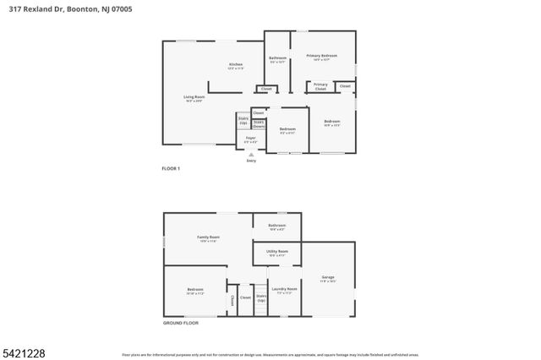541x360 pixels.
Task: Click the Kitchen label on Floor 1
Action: (x=236, y=66)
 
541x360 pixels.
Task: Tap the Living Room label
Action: (x=194, y=98)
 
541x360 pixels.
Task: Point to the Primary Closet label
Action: (x=321, y=85)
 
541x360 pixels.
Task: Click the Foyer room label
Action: (x=251, y=139)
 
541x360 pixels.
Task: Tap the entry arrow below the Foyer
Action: (x=251, y=155)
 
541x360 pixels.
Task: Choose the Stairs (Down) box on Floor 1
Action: (x=259, y=124)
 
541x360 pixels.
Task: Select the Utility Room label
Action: (x=277, y=252)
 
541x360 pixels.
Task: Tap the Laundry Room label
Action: (x=285, y=291)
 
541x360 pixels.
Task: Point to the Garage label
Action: (x=328, y=278)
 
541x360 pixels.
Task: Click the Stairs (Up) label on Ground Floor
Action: (x=261, y=297)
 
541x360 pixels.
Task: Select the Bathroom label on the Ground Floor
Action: (x=277, y=226)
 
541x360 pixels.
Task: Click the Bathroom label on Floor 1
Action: (x=278, y=59)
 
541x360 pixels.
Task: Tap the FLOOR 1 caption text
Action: (x=171, y=169)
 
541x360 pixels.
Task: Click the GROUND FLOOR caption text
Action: (x=180, y=324)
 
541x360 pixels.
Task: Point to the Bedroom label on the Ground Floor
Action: (x=195, y=291)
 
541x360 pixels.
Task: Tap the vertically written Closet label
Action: (x=231, y=300)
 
